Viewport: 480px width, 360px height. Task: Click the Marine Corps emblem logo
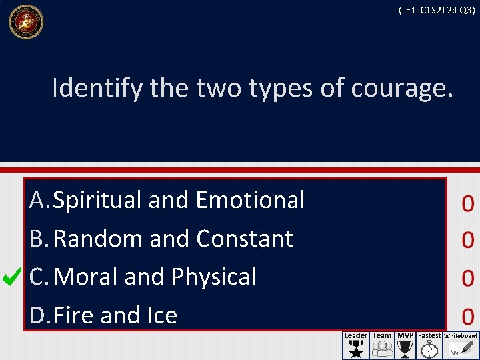25,21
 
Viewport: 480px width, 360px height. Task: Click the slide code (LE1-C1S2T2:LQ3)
436,11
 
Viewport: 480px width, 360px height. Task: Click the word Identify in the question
97,88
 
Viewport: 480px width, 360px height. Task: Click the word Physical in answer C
213,277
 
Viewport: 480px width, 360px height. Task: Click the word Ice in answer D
161,315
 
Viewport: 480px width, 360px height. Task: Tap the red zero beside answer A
467,203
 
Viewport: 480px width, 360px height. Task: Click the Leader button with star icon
355,345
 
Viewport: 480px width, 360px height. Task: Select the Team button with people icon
382,345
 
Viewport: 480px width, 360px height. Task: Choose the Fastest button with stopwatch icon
429,345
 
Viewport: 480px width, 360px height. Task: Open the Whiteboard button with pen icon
461,345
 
